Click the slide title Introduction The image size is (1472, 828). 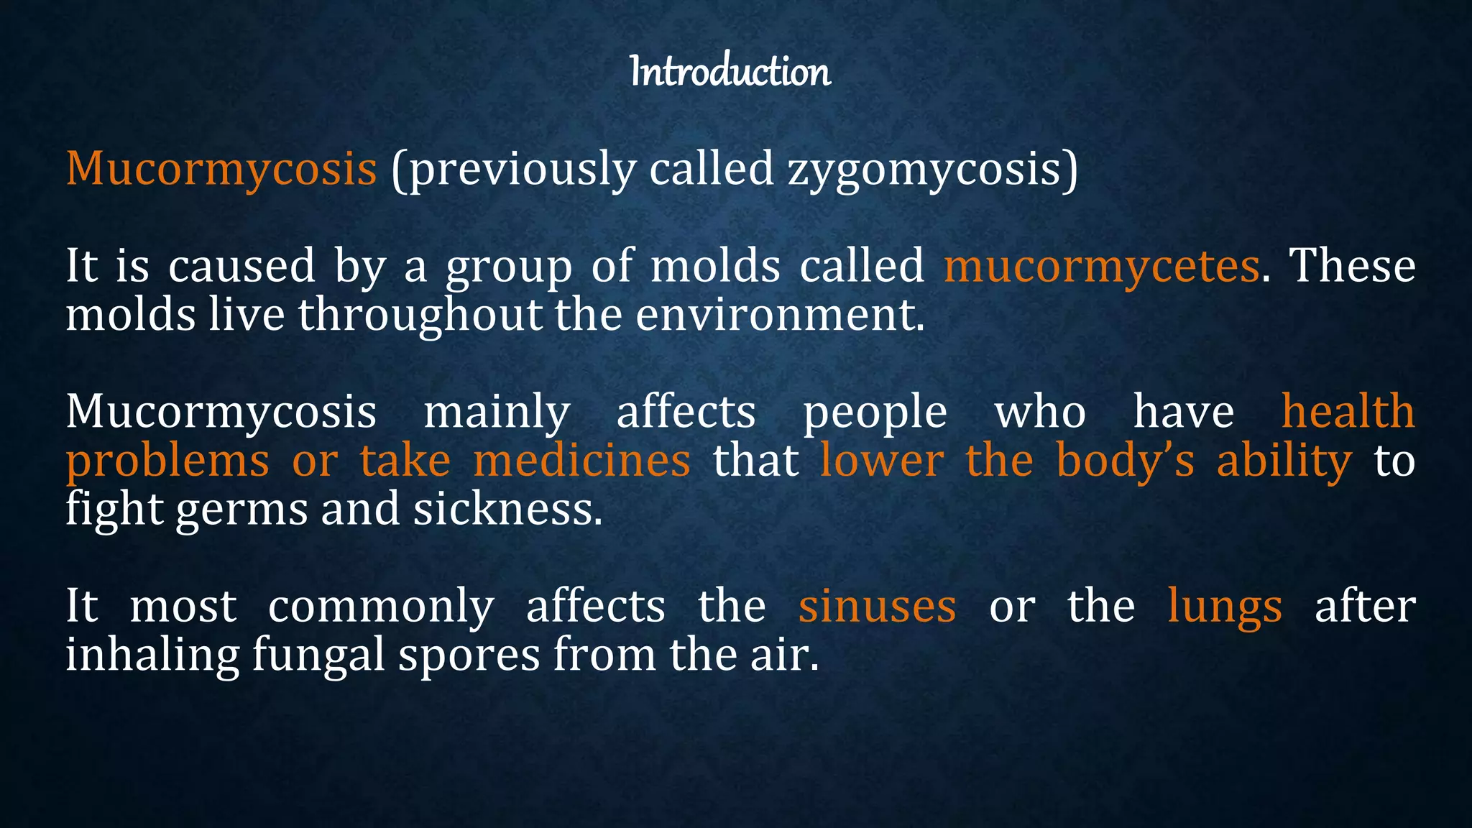coord(730,71)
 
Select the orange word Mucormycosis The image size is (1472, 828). coord(221,169)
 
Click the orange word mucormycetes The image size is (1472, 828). coord(1101,266)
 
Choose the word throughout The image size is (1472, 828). coord(420,315)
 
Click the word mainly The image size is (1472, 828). coord(497,413)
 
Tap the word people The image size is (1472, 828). coord(875,413)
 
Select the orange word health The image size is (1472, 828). coord(1348,412)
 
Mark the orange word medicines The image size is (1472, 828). coord(582,461)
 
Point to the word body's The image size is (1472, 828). coord(1125,461)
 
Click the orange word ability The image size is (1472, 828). coord(1284,461)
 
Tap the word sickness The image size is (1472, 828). coord(507,510)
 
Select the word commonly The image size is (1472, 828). coord(381,607)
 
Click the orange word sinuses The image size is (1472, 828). coord(877,607)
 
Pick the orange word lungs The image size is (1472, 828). coord(1224,607)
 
